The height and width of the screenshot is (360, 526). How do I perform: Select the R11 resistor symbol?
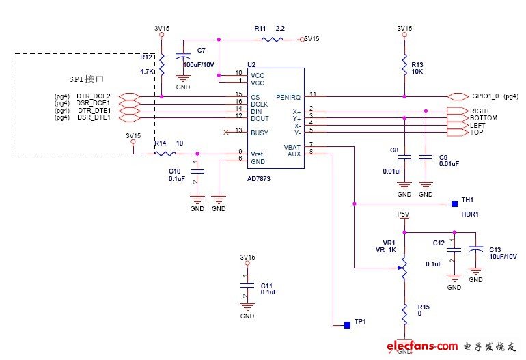pyautogui.click(x=271, y=39)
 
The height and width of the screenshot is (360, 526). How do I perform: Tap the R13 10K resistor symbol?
pyautogui.click(x=404, y=66)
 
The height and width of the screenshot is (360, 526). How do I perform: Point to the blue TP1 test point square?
pyautogui.click(x=348, y=322)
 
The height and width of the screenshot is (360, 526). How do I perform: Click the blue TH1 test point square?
pyautogui.click(x=454, y=203)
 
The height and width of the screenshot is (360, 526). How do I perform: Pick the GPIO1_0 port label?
pyautogui.click(x=486, y=97)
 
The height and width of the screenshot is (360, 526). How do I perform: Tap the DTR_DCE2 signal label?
pyautogui.click(x=94, y=96)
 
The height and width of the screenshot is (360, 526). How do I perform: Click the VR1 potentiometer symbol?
pyautogui.click(x=404, y=268)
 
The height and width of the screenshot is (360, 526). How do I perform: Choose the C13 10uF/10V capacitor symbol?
pyautogui.click(x=476, y=254)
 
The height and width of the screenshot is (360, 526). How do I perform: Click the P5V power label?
pyautogui.click(x=404, y=214)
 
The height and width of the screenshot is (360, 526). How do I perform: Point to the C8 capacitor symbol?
pyautogui.click(x=404, y=158)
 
